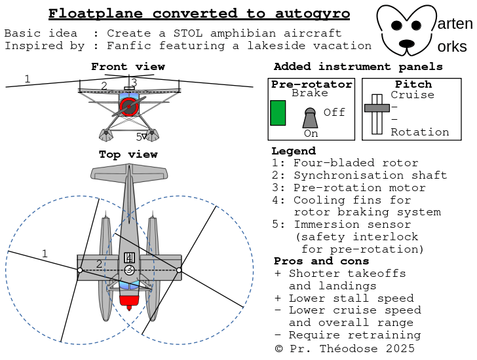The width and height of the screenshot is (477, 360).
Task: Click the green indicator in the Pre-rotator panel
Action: (278, 113)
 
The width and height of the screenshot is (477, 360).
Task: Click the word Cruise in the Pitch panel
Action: (412, 95)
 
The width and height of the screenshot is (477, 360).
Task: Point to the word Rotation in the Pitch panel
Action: (420, 132)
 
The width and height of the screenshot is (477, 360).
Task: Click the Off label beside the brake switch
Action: (334, 113)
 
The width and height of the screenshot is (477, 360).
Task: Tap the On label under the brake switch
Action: (311, 134)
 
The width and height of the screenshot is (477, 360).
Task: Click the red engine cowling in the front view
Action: (129, 107)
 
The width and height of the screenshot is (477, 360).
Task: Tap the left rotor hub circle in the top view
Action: (80, 270)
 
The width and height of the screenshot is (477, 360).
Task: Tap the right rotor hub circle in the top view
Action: (179, 270)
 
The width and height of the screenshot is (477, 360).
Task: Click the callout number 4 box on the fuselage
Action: (129, 257)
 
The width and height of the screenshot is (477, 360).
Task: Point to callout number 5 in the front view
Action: (139, 137)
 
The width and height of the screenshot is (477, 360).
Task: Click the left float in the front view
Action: (105, 135)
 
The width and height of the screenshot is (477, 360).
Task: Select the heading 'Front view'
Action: (128, 67)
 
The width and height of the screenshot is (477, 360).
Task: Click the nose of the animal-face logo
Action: (406, 44)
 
